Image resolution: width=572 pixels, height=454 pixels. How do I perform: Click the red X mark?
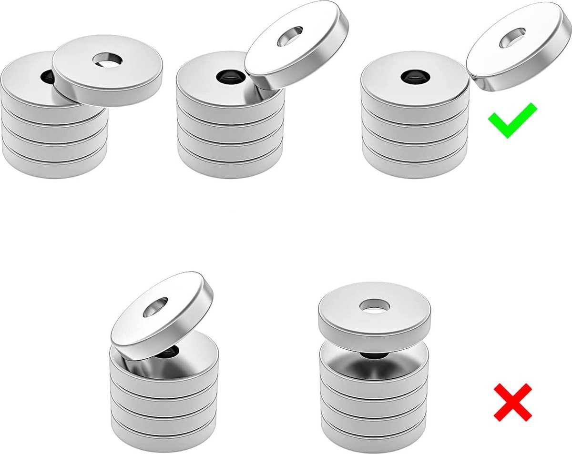coord(512,403)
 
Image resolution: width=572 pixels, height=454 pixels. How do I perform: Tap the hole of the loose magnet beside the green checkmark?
coord(512,39)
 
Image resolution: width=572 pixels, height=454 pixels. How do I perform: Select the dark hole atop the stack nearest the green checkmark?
coord(413,76)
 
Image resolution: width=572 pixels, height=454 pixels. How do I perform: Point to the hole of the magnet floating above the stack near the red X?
coord(374,306)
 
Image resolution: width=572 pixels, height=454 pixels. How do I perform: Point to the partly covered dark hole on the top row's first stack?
coord(47,76)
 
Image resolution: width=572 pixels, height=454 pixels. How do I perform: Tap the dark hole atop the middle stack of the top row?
coord(227,76)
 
